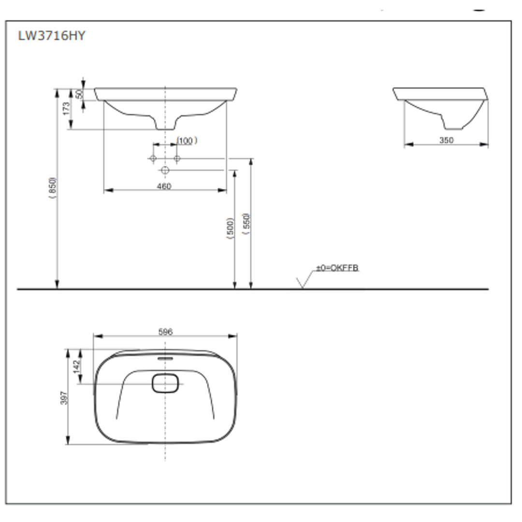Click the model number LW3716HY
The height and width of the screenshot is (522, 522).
[52, 35]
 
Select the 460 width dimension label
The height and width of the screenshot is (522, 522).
[164, 186]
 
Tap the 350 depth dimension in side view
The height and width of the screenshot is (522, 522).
[446, 140]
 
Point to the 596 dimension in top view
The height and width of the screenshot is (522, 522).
[165, 332]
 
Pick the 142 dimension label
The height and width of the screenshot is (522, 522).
[76, 366]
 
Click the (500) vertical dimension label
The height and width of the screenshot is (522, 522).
[231, 228]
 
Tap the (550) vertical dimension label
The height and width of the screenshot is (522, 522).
[246, 224]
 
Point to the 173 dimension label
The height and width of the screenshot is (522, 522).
[67, 108]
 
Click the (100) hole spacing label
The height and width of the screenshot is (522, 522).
[186, 141]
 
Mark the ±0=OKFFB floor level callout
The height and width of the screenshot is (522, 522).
[337, 268]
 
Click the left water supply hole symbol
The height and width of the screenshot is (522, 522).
[153, 159]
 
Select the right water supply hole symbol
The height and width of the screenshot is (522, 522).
[177, 159]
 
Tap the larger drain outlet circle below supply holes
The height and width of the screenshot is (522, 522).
[165, 170]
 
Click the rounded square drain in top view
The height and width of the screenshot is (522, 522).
[166, 383]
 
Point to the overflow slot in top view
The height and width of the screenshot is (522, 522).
[165, 359]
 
